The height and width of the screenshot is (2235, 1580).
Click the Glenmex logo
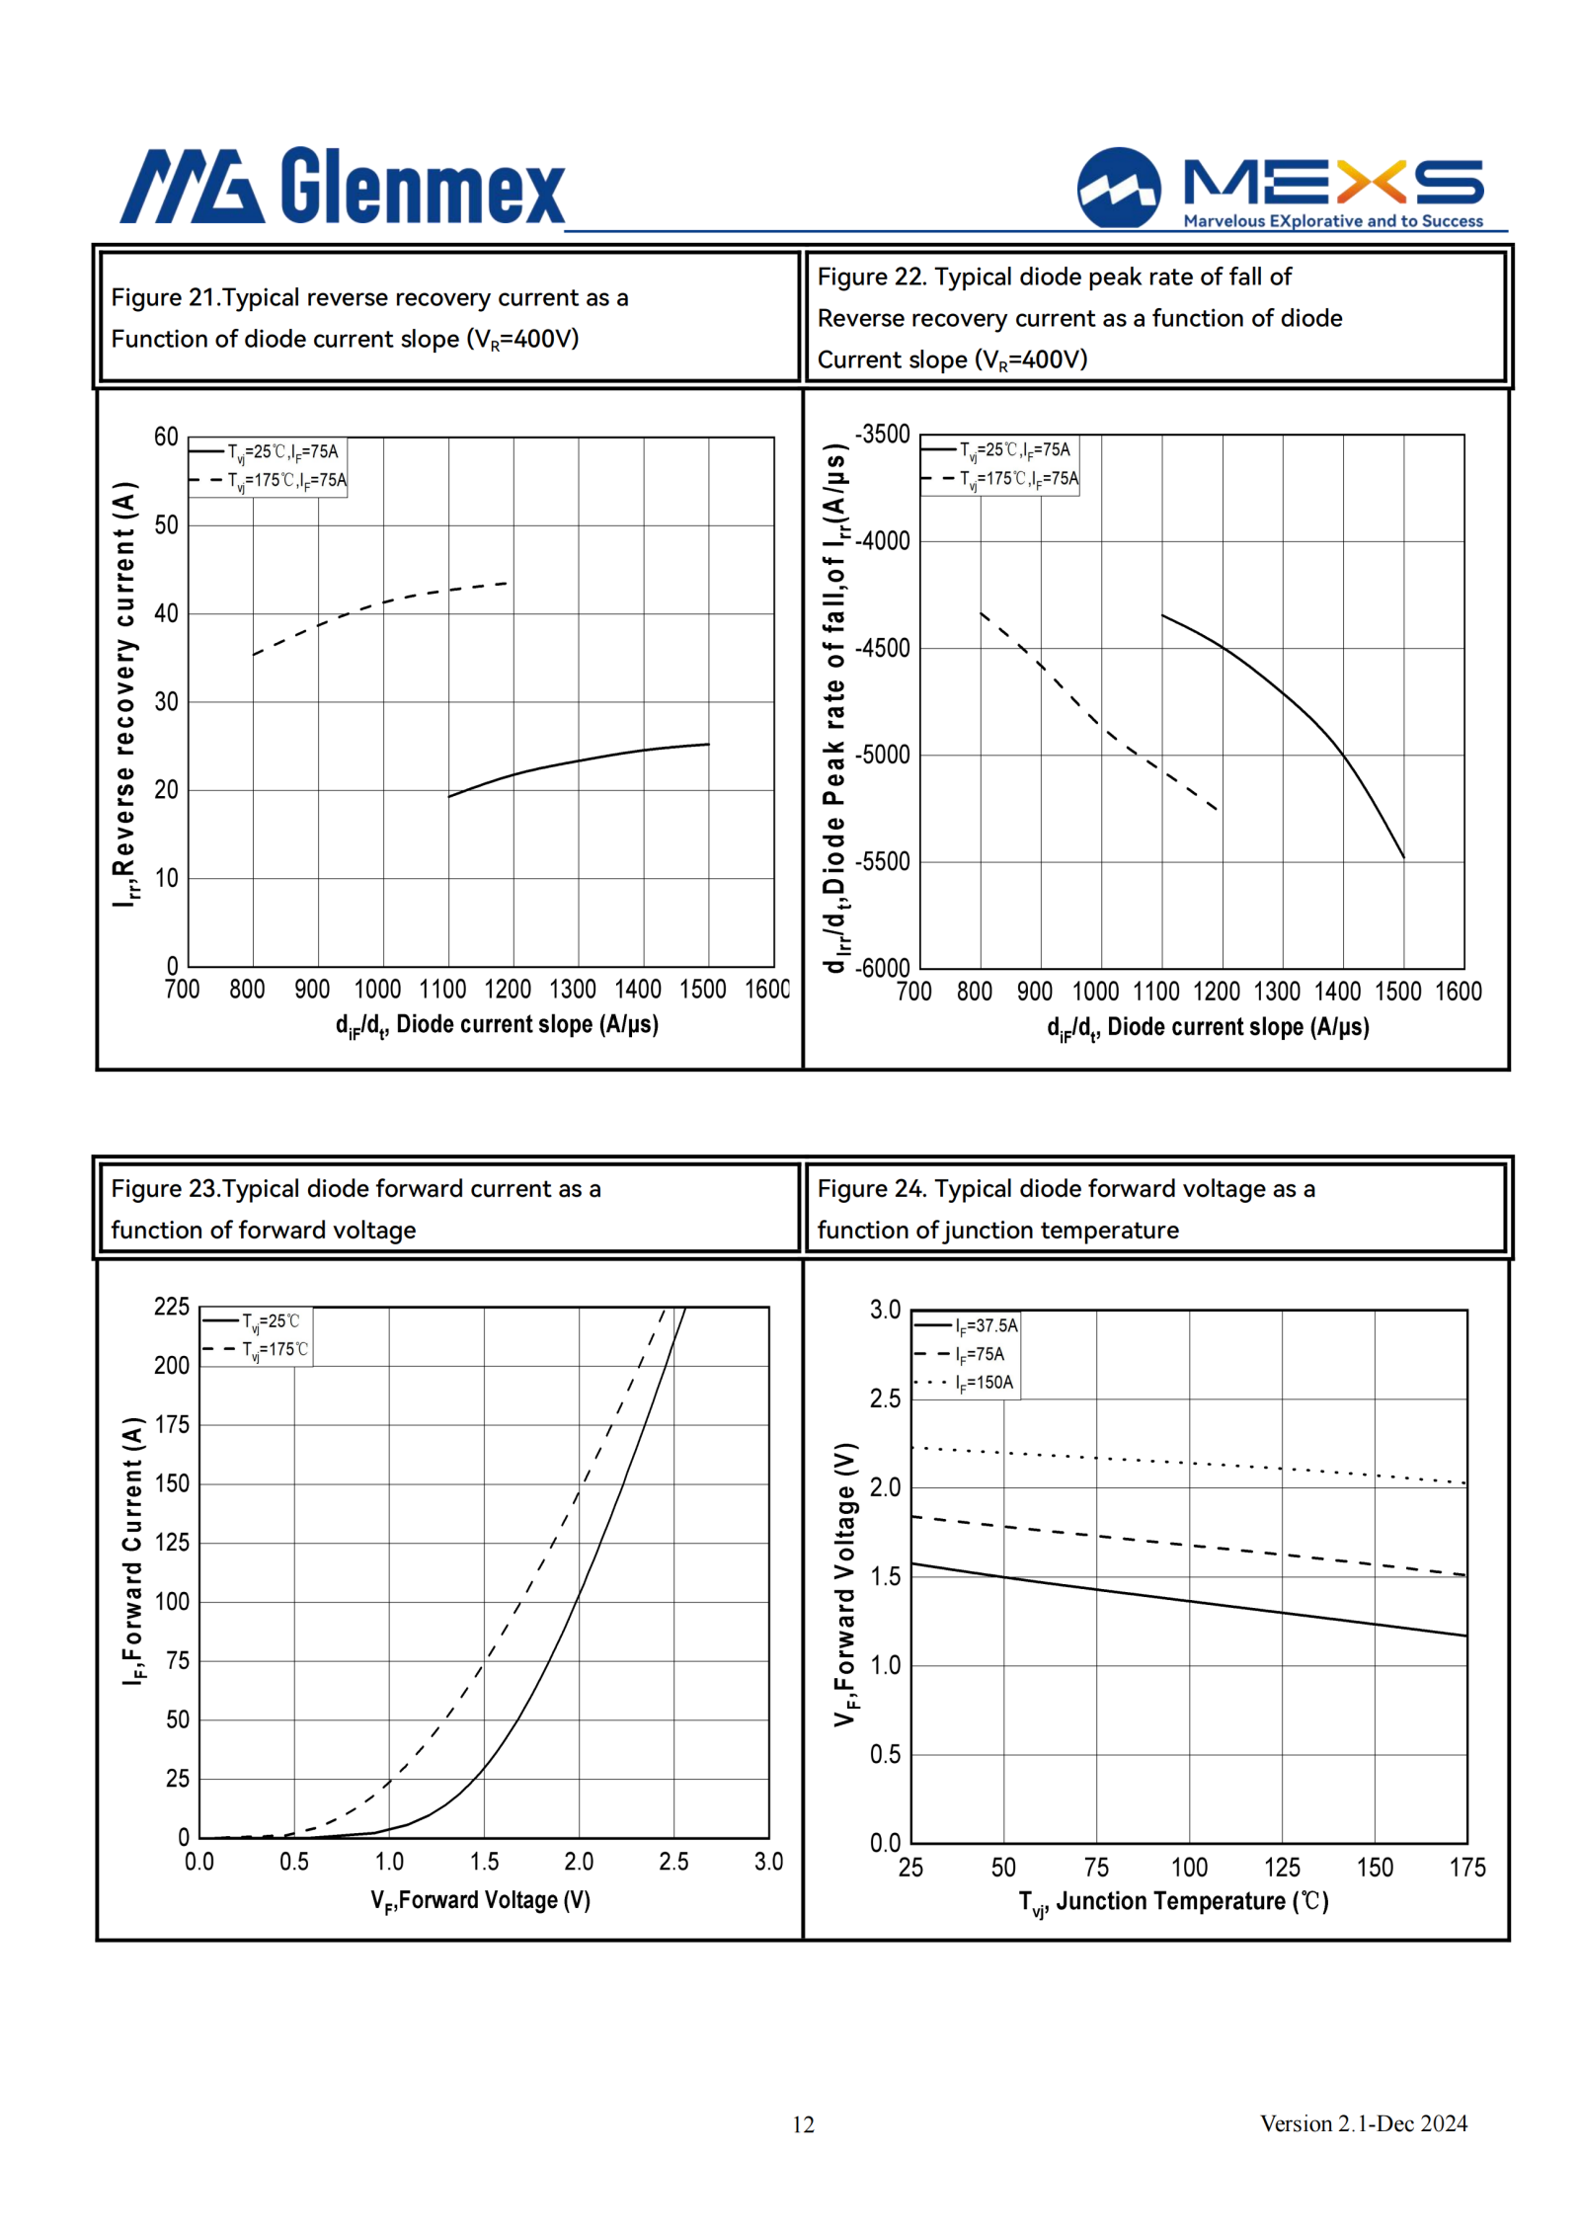342,186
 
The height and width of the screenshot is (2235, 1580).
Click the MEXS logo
1280,188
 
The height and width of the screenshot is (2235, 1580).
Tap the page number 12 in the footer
803,2123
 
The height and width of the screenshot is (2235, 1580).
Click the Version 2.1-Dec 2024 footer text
1363,2122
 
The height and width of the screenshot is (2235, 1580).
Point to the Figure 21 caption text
369,318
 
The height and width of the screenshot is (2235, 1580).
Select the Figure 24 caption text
1066,1209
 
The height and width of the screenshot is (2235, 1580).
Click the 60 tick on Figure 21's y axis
166,437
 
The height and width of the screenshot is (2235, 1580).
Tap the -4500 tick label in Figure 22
882,648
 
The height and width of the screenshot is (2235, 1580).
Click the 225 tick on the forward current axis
172,1307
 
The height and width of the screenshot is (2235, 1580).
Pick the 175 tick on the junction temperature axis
1466,1867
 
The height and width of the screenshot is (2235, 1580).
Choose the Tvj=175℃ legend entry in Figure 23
256,1350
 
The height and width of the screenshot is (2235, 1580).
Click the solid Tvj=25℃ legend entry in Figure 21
264,452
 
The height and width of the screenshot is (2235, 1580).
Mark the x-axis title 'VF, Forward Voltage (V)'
480,1901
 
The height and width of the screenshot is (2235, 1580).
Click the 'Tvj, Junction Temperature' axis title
1173,1902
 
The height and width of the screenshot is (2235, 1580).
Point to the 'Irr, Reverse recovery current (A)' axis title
124,694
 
